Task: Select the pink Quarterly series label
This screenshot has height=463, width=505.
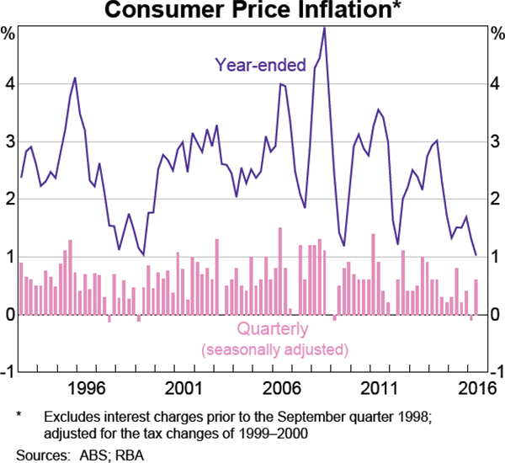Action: [x=273, y=329]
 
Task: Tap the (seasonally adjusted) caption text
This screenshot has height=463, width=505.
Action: [x=274, y=349]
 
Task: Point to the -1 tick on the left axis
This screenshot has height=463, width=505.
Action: [x=7, y=372]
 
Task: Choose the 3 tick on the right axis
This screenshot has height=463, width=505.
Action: [x=497, y=141]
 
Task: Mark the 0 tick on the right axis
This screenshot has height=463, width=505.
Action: [x=497, y=315]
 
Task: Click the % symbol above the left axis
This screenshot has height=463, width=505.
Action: [x=8, y=35]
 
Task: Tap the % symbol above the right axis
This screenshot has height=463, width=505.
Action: [x=497, y=35]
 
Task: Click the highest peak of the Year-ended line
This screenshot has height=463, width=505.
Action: [x=324, y=28]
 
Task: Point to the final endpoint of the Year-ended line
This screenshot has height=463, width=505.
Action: [x=476, y=254]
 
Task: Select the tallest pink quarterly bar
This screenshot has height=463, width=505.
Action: [x=279, y=271]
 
